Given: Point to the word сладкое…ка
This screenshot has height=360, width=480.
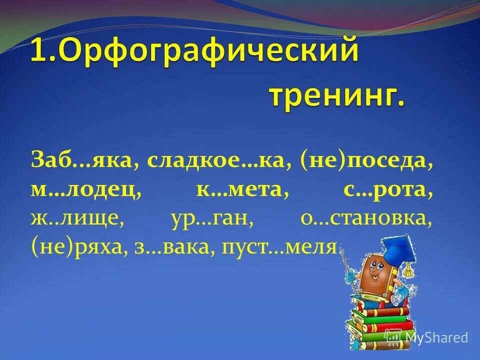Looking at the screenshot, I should click(x=219, y=161).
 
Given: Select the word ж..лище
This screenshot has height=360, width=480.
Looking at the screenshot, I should click(x=77, y=219).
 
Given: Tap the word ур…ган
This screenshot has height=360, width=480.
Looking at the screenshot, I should click(x=208, y=219).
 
